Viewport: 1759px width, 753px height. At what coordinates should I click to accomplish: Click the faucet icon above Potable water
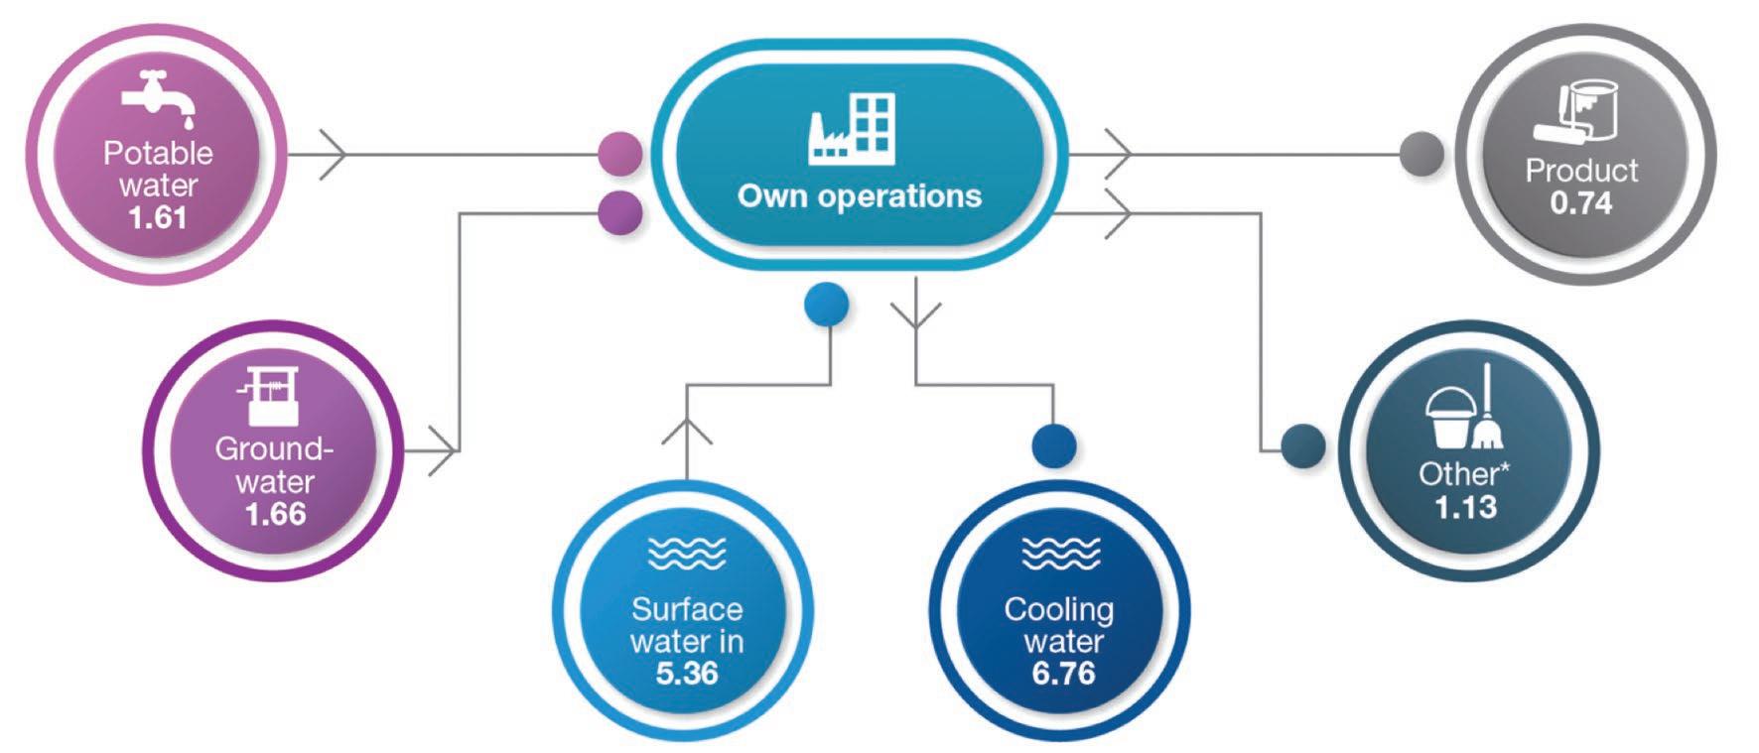pos(157,99)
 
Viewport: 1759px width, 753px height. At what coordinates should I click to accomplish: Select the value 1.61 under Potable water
pos(157,217)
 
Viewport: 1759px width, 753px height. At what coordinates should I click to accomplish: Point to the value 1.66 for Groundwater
pos(275,514)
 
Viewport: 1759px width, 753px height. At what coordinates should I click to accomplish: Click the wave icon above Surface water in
pos(687,553)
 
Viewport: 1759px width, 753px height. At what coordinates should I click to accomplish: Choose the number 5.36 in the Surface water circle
pos(687,674)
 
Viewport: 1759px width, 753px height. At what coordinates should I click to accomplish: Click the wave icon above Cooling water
pos(1061,553)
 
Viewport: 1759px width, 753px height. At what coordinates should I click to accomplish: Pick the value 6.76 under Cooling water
pos(1063,674)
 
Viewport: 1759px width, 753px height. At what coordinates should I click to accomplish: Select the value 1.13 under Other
pos(1465,507)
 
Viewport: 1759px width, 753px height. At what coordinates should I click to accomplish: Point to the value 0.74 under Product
pos(1581,203)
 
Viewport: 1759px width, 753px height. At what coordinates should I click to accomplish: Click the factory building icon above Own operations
pos(853,129)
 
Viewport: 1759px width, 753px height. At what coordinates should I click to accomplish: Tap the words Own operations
pos(860,195)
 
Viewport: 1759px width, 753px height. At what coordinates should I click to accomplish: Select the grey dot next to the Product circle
pos(1421,155)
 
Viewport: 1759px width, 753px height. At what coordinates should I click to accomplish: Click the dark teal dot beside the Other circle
pos(1302,446)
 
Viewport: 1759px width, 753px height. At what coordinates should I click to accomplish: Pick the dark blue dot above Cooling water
pos(1053,445)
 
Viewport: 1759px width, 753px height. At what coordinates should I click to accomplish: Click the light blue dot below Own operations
pos(826,305)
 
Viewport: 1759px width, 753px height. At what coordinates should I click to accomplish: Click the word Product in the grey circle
pos(1581,171)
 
